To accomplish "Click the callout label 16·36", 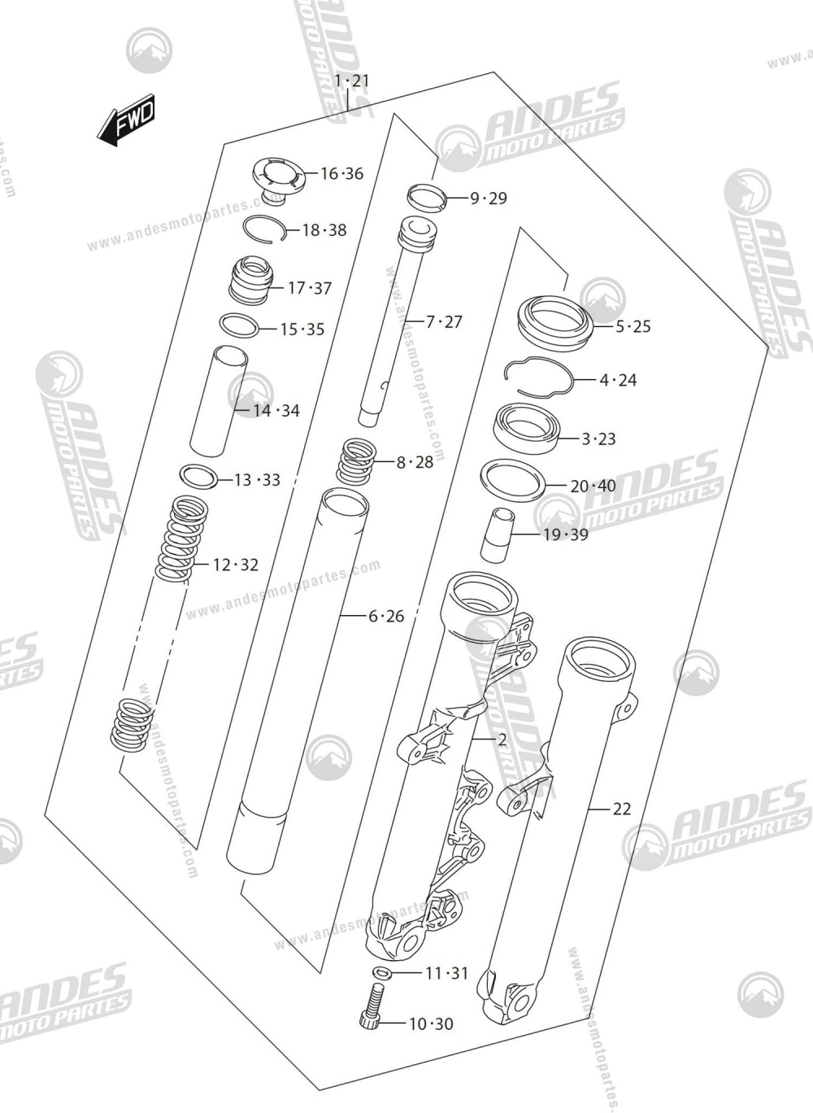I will point(341,173).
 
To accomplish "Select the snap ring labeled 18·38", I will point(263,230).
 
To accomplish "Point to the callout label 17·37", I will point(310,288).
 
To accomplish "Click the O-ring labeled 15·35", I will point(240,326).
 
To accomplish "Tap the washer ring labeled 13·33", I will point(199,477).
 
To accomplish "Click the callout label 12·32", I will point(236,565).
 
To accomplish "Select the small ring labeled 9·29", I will point(428,196).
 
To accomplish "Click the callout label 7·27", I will point(444,322).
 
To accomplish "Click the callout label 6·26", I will point(386,616).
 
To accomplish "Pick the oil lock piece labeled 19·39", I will point(498,535).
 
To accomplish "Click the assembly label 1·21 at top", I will point(351,81).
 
